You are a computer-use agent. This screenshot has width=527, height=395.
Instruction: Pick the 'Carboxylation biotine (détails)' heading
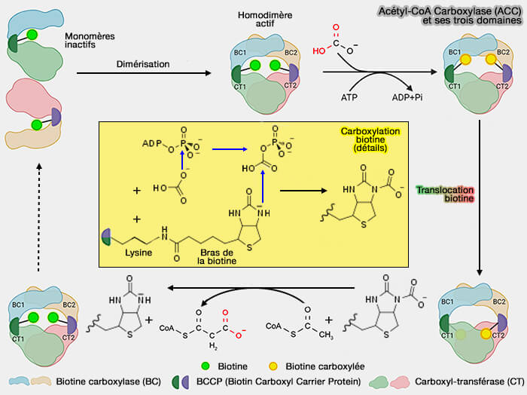(x=369, y=139)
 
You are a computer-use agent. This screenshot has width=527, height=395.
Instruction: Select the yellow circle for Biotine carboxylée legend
(x=279, y=366)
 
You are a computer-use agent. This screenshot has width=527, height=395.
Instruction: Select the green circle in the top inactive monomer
(x=33, y=34)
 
